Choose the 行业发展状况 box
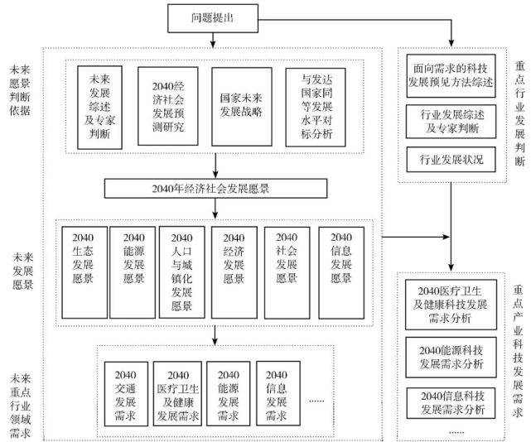[451, 158]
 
